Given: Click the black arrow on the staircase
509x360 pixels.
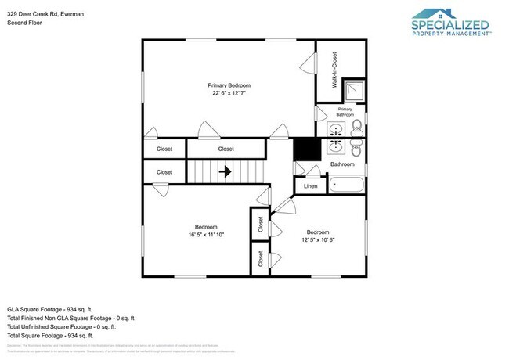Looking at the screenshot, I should coord(225,171).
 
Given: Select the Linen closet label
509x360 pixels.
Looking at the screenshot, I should coord(311,186).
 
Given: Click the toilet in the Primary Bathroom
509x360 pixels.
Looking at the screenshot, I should coord(356,126).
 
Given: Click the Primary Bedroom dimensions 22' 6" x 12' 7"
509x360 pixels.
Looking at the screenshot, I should coord(229,93).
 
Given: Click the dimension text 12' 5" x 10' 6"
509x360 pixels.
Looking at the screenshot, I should coord(317,240).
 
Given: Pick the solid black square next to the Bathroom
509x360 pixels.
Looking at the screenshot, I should coord(304,149).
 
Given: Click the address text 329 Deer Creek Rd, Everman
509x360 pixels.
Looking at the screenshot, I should coord(45,13).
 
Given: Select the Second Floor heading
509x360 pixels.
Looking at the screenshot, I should coord(24,23).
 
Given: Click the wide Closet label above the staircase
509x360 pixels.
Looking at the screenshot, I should coord(226,149).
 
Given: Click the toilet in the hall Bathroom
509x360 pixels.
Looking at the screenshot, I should coord(356,148).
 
